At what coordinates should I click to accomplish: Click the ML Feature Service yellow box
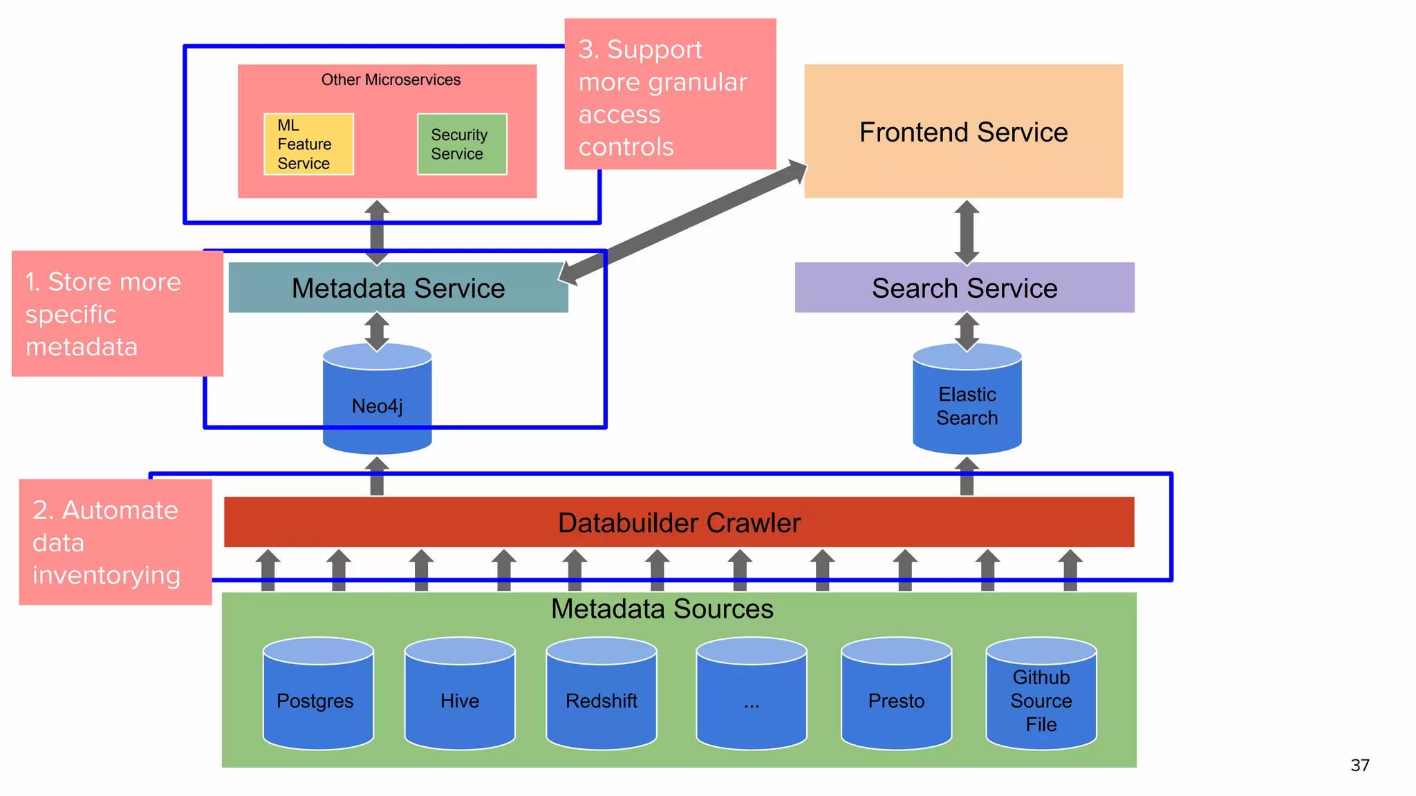click(x=308, y=144)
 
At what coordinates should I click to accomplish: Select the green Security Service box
click(x=462, y=144)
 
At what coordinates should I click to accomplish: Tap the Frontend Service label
click(x=963, y=132)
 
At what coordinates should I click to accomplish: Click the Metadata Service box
click(x=398, y=288)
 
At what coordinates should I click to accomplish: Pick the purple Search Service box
click(x=964, y=288)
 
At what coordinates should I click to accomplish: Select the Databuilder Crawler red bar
click(x=678, y=522)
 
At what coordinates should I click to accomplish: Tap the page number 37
click(x=1359, y=765)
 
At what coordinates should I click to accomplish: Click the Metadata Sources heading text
click(x=662, y=609)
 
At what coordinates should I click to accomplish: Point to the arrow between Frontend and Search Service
click(x=967, y=233)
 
